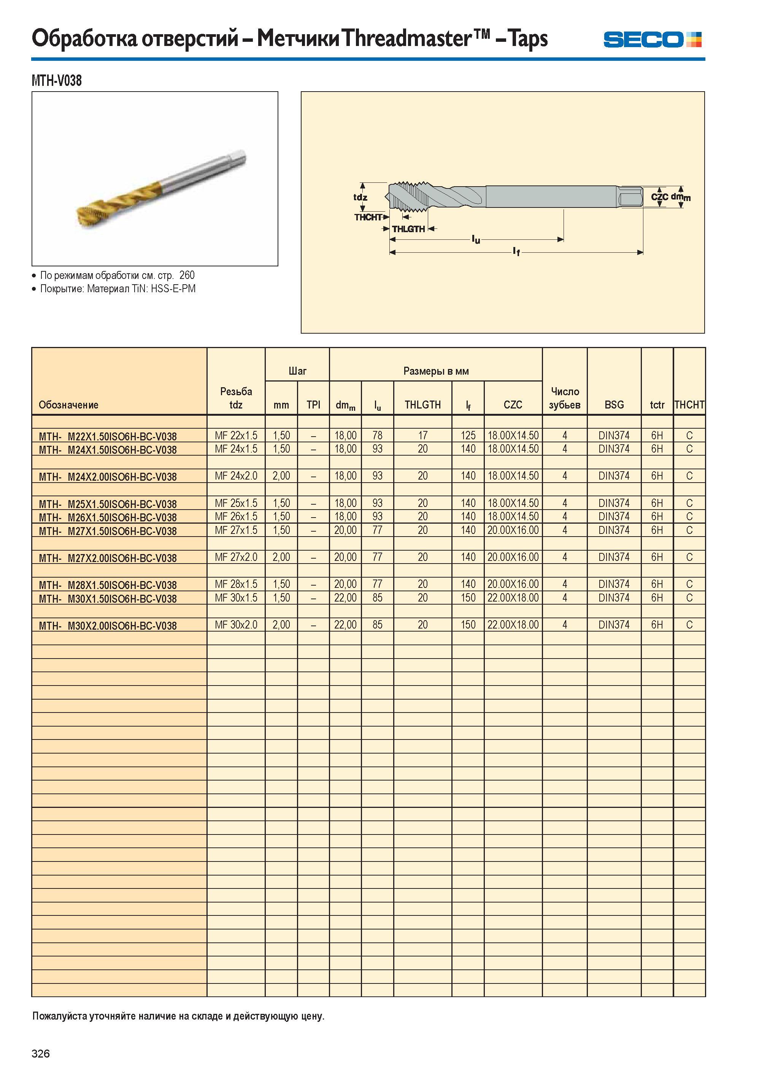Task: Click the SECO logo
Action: coord(652,40)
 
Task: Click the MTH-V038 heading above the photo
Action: coord(57,81)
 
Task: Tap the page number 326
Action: coord(41,1053)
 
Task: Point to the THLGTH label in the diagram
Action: coord(408,229)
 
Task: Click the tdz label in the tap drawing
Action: coord(360,197)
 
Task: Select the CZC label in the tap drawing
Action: coord(659,197)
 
